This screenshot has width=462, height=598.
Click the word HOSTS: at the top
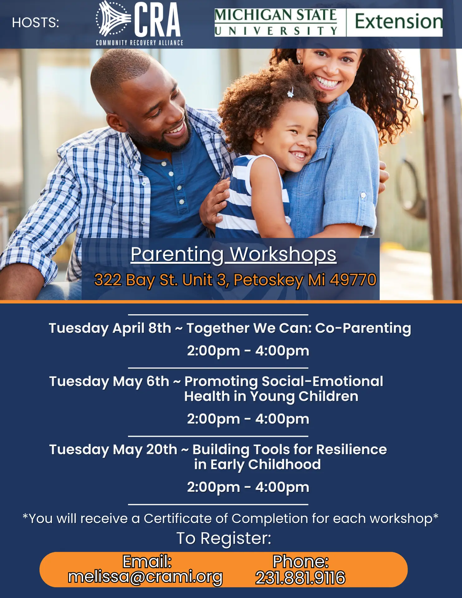pos(36,22)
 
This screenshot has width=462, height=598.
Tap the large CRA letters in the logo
pos(158,20)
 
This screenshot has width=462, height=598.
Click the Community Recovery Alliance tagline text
pos(140,43)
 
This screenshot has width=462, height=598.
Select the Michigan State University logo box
pos(276,22)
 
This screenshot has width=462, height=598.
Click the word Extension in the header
pos(398,21)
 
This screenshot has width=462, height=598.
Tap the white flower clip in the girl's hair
pos(291,93)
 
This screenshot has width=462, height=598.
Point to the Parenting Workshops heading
pos(233,254)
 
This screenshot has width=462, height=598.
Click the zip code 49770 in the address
pos(353,280)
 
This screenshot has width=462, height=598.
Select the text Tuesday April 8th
pos(110,328)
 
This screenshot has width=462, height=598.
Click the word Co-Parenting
pos(363,328)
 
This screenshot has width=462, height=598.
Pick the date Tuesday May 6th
pos(109,381)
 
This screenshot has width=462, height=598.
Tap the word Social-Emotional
pos(322,381)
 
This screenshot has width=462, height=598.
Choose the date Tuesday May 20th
pos(113,449)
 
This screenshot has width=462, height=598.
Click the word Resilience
pos(351,449)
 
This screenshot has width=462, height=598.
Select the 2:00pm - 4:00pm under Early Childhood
pos(248,487)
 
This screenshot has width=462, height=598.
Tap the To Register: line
pos(224,538)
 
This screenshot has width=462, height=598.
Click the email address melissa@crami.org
pos(145,577)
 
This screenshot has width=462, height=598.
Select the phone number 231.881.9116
pos(300,578)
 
